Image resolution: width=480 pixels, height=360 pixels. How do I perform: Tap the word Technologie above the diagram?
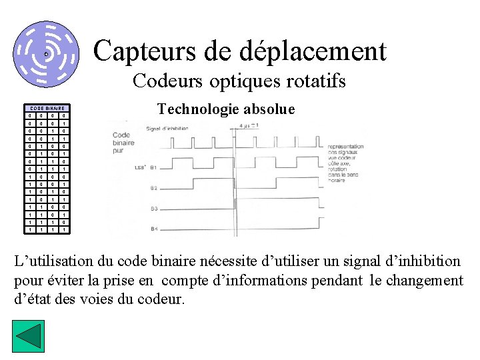[x=197, y=109]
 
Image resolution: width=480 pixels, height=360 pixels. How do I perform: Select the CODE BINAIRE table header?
[x=47, y=108]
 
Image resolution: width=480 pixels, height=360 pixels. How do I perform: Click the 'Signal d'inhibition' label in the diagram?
[x=167, y=128]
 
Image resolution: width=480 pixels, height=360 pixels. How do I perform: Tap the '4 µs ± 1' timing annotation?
[x=250, y=125]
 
